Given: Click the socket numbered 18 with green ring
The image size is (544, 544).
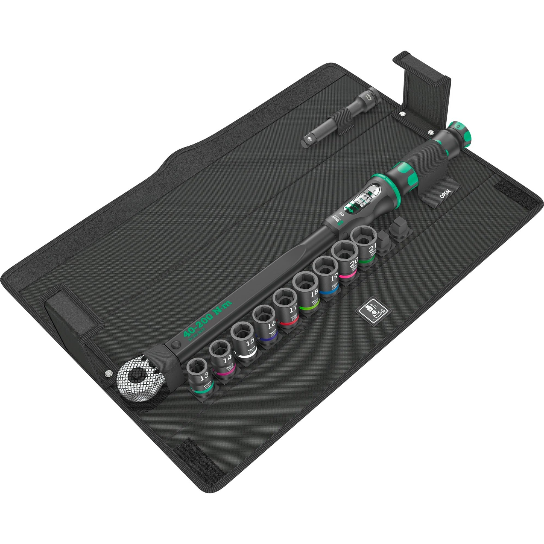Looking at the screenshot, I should tap(307, 290).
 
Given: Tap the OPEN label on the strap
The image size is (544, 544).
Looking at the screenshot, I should tap(444, 195).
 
